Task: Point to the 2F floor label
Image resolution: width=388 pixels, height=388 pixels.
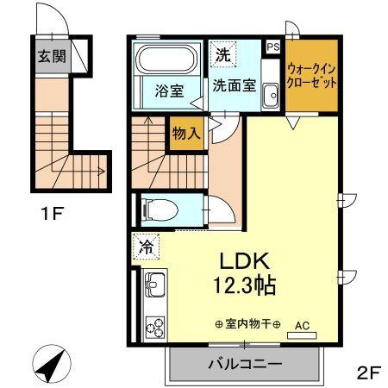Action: (367, 372)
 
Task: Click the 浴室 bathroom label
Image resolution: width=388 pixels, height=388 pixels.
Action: (168, 87)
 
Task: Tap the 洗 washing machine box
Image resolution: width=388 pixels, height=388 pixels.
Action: (222, 53)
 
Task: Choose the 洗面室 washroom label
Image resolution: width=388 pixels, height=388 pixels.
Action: (235, 85)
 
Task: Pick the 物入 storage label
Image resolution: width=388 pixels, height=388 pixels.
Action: (185, 134)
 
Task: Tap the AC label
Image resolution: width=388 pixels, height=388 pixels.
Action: (302, 325)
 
